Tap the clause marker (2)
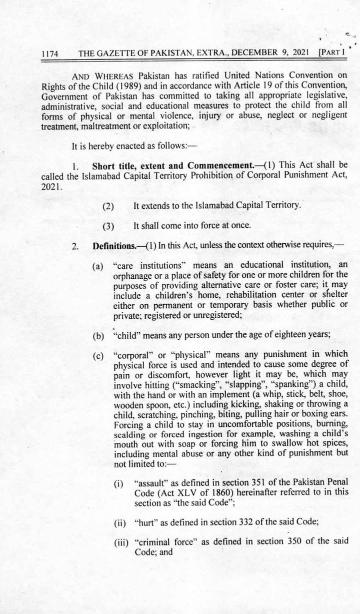[108, 206]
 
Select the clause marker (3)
[108, 226]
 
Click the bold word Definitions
[113, 246]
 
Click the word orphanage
[132, 275]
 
